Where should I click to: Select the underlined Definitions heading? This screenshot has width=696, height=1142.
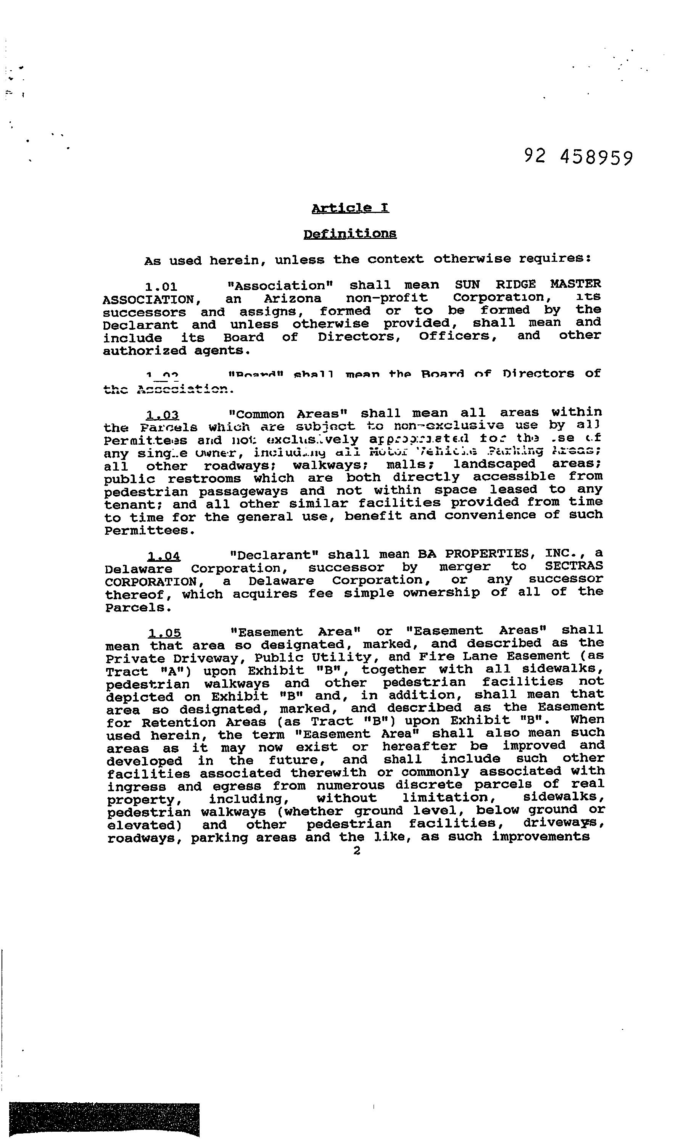(350, 234)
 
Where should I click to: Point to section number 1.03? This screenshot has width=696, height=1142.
(163, 415)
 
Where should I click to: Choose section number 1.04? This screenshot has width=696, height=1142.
(164, 556)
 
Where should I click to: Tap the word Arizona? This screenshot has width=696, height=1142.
(292, 298)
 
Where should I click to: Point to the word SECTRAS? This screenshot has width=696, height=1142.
(574, 566)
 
